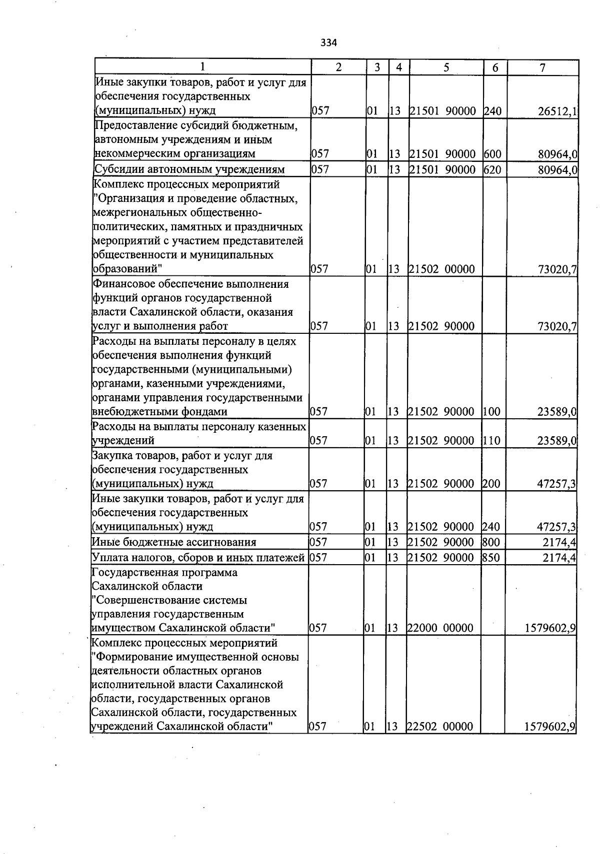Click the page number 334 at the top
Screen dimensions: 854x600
[x=328, y=43]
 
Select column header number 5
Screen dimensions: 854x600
[x=445, y=67]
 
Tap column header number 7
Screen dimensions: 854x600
[x=542, y=67]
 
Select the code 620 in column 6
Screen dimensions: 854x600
[x=492, y=170]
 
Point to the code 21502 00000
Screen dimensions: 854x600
[x=441, y=270]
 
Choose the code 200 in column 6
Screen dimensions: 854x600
[x=491, y=484]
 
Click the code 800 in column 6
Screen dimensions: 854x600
[x=491, y=543]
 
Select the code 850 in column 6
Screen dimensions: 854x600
[x=491, y=558]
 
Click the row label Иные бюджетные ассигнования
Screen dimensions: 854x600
[x=174, y=543]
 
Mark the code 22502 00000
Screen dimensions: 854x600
[x=440, y=727]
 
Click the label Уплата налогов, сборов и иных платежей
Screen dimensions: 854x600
[x=198, y=558]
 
